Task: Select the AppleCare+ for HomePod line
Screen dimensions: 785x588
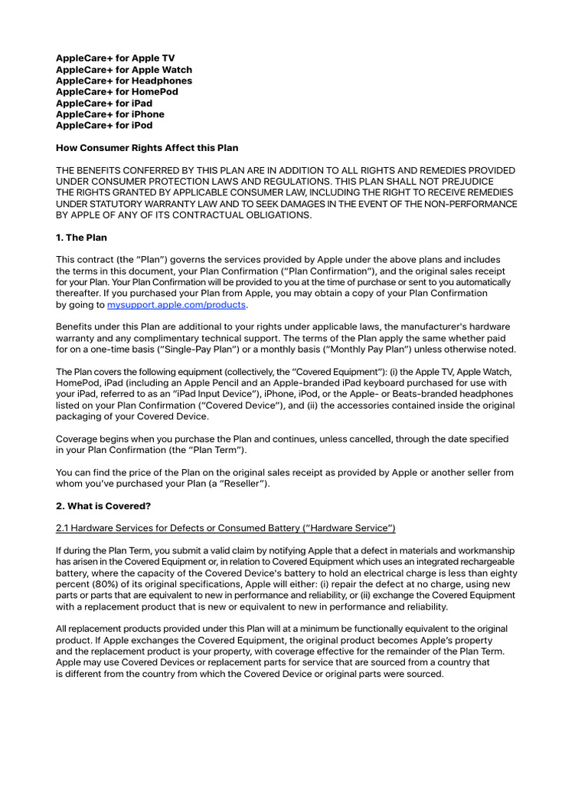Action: [x=117, y=92]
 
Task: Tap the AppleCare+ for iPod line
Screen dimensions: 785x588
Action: [x=104, y=125]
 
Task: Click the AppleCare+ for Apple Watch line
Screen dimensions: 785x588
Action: [x=124, y=70]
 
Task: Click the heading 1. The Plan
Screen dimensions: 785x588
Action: [x=81, y=238]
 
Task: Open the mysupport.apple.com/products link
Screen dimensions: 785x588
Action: [x=176, y=304]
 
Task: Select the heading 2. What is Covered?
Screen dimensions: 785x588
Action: [x=103, y=506]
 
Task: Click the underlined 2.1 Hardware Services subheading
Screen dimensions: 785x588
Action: [x=226, y=528]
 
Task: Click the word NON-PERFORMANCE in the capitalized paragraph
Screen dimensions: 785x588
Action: [x=466, y=204]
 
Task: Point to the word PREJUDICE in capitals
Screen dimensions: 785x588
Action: [x=475, y=182]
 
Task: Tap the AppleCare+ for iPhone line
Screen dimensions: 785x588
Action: [x=110, y=114]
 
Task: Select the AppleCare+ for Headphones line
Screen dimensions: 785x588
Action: [x=124, y=80]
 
